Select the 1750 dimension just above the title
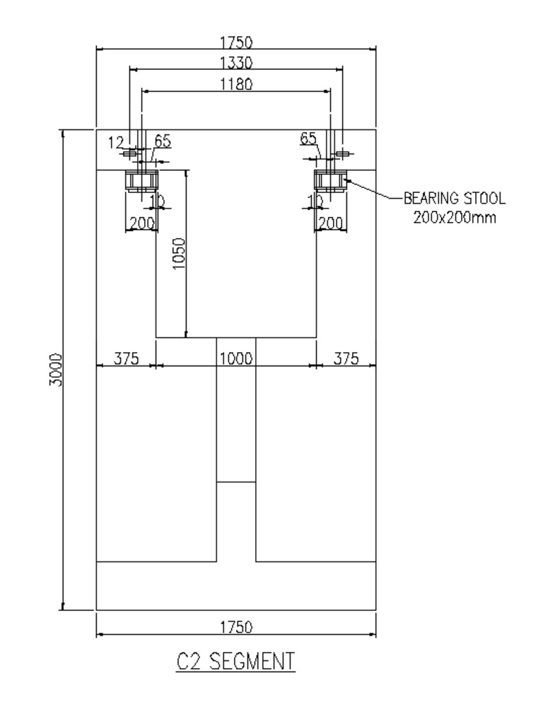235,627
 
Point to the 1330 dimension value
235,62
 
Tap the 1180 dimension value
235,83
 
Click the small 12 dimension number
116,143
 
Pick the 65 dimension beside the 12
163,141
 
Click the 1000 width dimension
235,358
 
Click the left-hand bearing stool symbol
141,181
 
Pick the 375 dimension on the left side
124,358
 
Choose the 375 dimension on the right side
346,358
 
